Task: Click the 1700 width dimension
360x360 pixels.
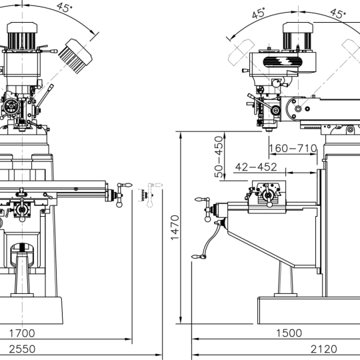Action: coord(22,333)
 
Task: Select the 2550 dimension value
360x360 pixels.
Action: coord(22,349)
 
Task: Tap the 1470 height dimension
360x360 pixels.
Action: coord(175,227)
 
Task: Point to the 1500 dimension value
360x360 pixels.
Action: coord(289,333)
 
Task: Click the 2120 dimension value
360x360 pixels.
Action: coord(324,349)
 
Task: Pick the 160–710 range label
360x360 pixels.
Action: coord(293,148)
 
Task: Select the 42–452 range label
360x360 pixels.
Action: coord(256,167)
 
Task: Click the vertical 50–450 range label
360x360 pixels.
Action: coord(219,157)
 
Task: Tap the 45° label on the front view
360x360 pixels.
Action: coord(65,7)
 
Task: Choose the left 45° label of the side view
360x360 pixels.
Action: coord(259,13)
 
